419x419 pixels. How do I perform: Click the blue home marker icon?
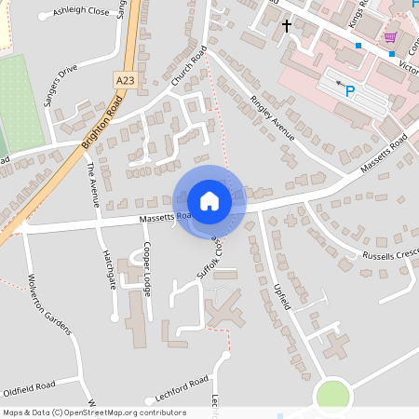pyautogui.click(x=209, y=200)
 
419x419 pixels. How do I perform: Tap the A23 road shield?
pyautogui.click(x=126, y=81)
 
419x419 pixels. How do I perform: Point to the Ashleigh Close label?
pyautogui.click(x=81, y=12)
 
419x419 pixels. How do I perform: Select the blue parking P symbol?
pyautogui.click(x=350, y=91)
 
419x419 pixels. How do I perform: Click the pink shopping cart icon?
pyautogui.click(x=389, y=37)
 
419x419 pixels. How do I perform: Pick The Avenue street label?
pyautogui.click(x=91, y=182)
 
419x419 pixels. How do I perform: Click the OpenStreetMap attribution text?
pyautogui.click(x=93, y=412)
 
